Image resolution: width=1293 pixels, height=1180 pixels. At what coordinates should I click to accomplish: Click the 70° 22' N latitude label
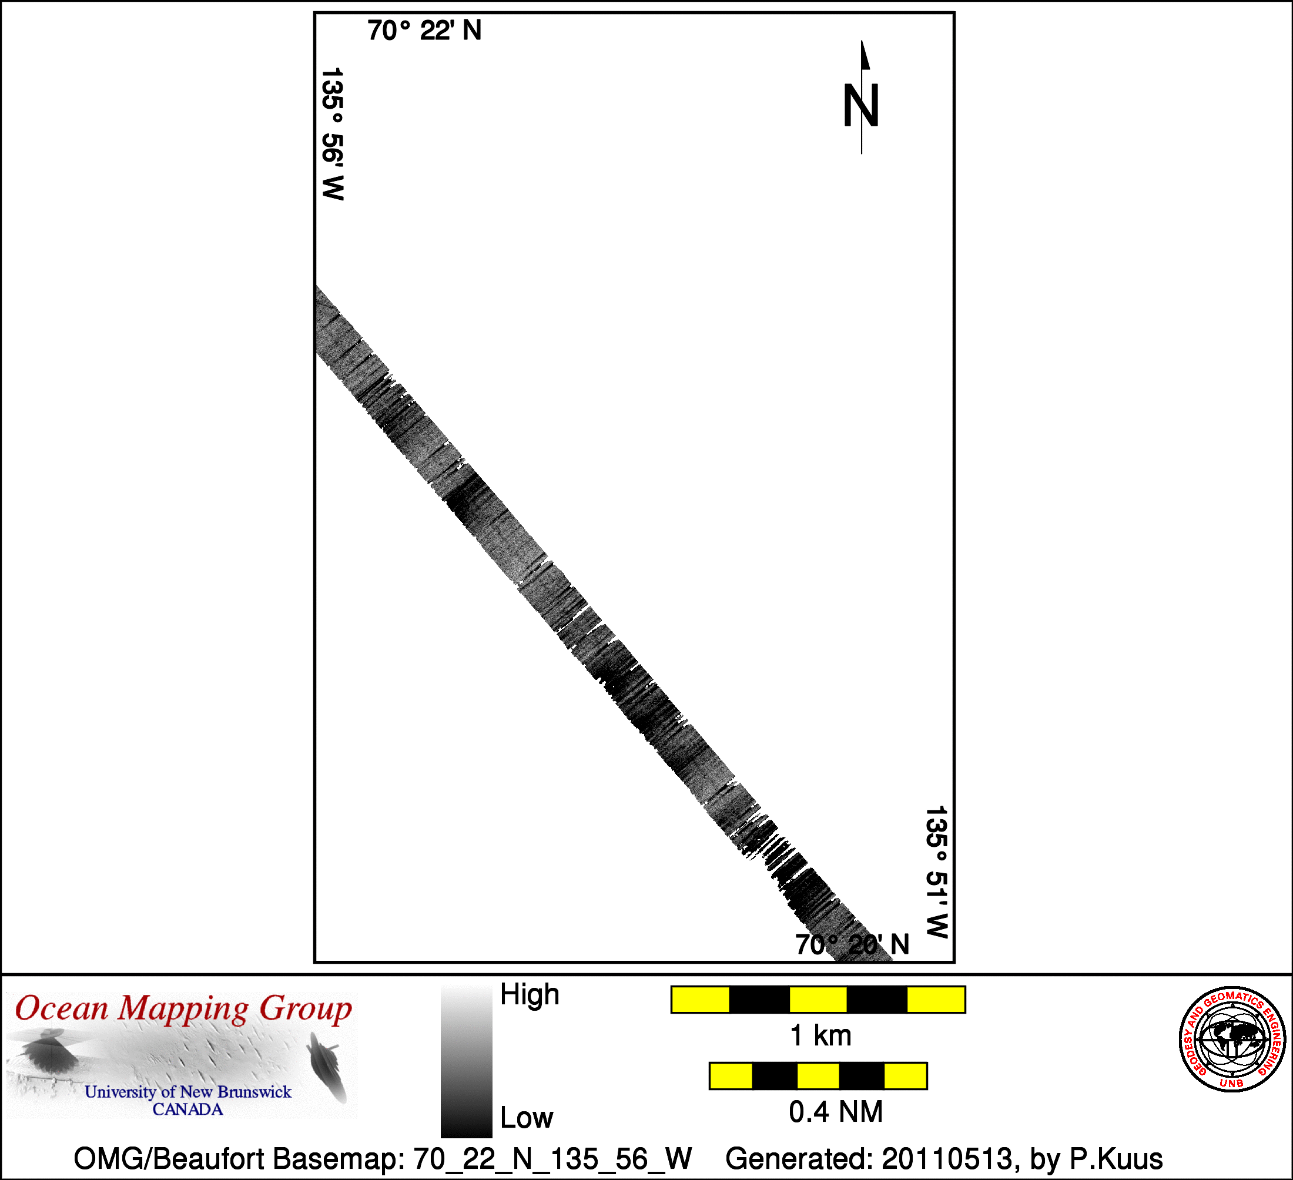click(x=424, y=31)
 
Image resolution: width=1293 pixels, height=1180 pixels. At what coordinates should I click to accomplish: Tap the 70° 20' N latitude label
click(x=852, y=944)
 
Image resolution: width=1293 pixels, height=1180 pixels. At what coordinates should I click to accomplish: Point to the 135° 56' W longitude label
click(x=333, y=134)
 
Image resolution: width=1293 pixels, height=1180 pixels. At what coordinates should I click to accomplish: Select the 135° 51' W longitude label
click(x=936, y=872)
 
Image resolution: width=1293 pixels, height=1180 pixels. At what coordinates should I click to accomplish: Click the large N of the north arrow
click(x=860, y=106)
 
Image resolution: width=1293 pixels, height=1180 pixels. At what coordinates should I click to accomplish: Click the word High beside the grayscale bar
click(x=530, y=995)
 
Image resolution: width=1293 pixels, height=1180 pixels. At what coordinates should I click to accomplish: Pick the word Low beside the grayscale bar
click(x=527, y=1118)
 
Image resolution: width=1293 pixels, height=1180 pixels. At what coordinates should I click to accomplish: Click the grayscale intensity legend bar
click(x=466, y=1061)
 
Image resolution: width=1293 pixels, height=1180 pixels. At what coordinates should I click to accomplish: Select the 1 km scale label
click(x=821, y=1035)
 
